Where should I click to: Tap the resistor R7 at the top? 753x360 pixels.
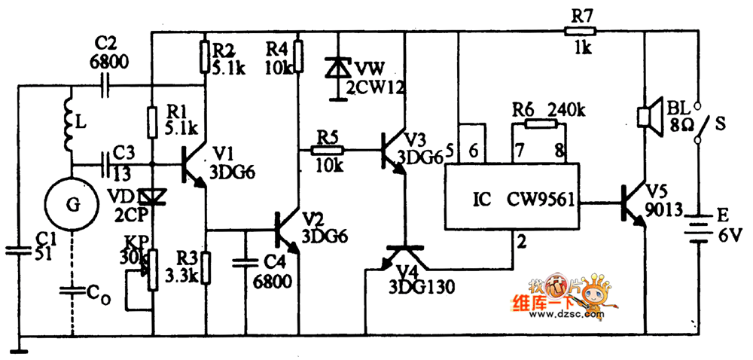point(579,31)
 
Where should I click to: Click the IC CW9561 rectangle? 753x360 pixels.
point(511,196)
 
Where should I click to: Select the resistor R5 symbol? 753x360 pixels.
point(329,151)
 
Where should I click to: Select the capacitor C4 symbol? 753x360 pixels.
point(246,263)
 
